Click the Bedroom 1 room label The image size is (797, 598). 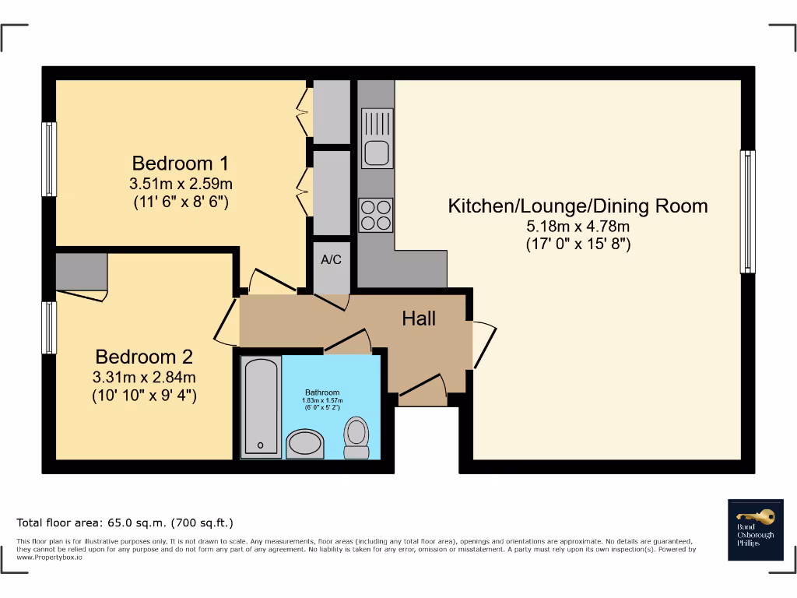181,164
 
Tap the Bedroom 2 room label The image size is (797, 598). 144,357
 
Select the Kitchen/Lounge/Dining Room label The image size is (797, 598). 578,206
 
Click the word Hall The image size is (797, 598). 419,318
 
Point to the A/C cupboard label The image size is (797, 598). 332,260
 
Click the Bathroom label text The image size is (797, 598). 321,392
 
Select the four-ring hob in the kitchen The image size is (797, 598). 376,215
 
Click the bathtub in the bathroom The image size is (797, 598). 261,406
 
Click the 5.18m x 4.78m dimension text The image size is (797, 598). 578,227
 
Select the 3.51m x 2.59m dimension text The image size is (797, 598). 181,184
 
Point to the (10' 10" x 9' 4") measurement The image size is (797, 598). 144,396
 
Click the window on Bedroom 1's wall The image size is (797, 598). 49,160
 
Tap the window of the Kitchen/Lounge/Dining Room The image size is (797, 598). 747,211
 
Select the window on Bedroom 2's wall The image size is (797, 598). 49,327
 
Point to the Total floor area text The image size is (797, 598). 125,522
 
